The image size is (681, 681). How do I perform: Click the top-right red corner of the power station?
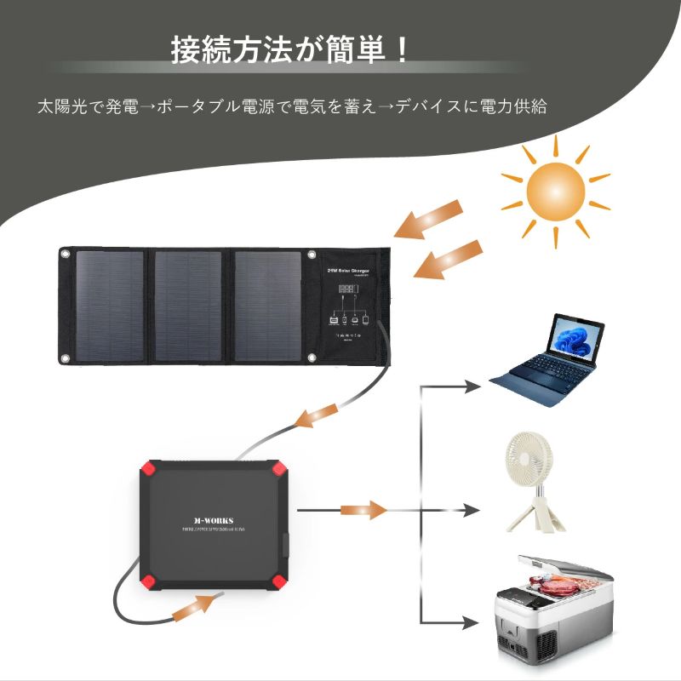(278, 469)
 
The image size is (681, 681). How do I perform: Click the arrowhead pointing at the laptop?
(473, 386)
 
